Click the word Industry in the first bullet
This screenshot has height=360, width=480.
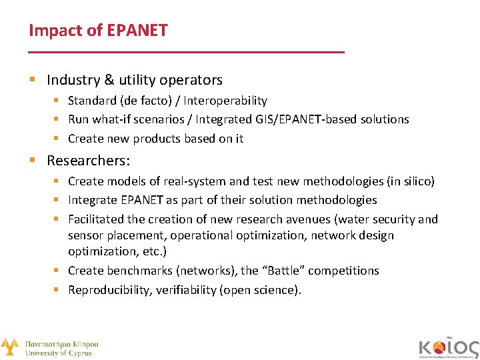73,80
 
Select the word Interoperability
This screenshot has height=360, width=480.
225,101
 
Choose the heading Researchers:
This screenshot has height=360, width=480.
88,161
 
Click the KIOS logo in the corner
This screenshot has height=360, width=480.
449,347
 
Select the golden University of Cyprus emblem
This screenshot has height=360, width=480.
9,347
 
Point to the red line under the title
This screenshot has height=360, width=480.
187,52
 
